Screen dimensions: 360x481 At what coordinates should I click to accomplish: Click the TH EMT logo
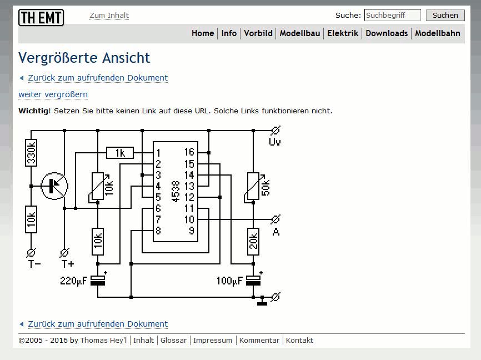coord(41,18)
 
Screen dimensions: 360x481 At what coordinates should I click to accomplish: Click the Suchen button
coord(445,16)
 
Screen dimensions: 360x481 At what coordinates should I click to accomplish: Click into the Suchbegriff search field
coord(392,16)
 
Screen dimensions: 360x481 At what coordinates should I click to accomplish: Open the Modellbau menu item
coord(300,33)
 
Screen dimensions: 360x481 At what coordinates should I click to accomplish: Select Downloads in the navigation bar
coord(387,33)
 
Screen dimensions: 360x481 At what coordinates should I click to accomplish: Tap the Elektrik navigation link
coord(343,33)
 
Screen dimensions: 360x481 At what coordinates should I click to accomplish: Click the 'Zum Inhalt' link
coord(109,16)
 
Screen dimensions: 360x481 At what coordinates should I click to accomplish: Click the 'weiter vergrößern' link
coord(53,94)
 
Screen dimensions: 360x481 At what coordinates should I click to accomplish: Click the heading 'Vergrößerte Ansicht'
coord(84,58)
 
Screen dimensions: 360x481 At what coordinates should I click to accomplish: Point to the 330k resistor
coord(32,153)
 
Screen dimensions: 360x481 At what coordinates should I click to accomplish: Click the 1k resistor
coord(120,153)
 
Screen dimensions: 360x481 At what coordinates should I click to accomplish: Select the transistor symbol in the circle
coord(54,186)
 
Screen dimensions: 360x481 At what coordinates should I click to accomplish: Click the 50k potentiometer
coord(253,186)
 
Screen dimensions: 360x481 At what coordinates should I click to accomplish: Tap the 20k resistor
coord(253,242)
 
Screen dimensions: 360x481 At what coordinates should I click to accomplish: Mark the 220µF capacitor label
coord(74,281)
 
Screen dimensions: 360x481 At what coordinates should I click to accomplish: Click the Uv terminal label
coord(275,142)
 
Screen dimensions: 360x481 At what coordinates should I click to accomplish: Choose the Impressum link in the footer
coord(213,340)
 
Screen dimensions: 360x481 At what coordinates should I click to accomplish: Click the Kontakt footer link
coord(299,340)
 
